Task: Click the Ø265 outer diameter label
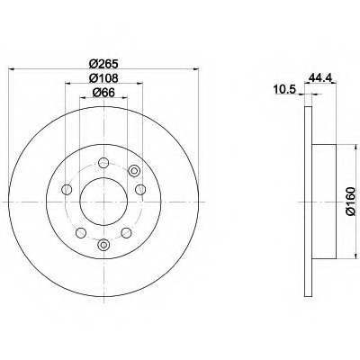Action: pos(103,64)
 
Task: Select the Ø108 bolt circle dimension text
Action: pos(103,78)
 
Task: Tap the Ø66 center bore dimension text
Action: pos(103,93)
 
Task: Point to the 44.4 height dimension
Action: pos(319,77)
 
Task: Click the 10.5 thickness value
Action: pos(284,89)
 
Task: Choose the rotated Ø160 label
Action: pos(350,201)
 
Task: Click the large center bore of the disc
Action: pos(103,202)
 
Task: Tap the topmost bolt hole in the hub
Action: pos(103,163)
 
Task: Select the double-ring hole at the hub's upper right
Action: pos(134,171)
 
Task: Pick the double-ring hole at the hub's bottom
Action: pos(103,245)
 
